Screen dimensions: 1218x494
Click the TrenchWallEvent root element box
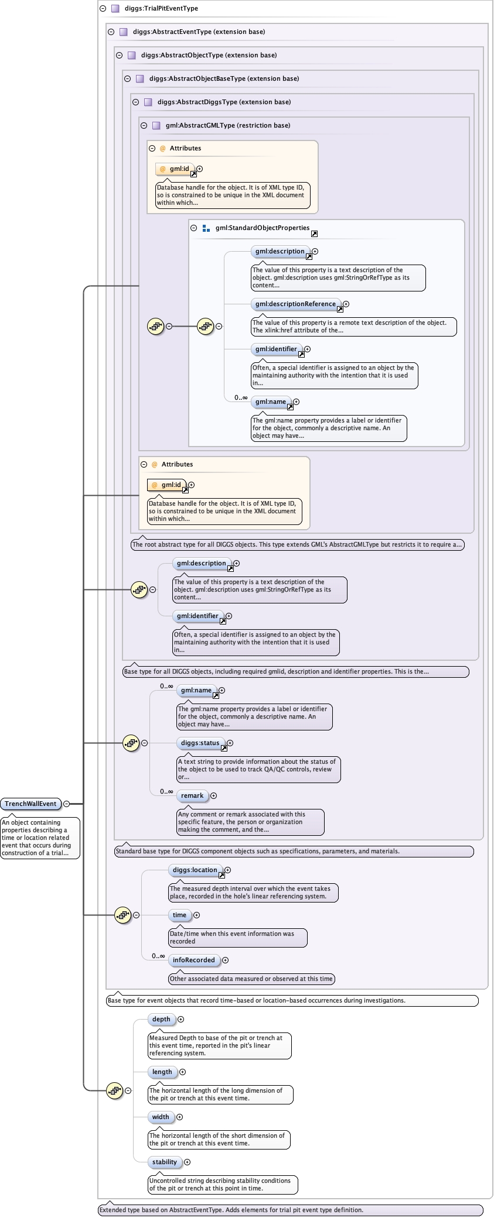30,804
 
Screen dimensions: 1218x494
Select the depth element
161,1019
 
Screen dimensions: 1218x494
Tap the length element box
162,1072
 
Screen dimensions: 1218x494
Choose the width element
161,1117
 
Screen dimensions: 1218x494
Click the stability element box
165,1162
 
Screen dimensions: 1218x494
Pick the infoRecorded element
193,960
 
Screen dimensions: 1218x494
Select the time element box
179,915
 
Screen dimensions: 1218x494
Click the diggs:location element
195,870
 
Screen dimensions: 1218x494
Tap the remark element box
192,795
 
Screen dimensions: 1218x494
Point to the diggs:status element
200,743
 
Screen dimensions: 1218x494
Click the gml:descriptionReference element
296,304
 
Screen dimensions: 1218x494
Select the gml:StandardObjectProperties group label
262,228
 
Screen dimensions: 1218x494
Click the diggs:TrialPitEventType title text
161,8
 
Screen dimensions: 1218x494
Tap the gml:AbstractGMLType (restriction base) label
227,125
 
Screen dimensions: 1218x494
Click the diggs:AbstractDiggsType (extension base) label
224,102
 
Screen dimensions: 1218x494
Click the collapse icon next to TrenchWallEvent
67,804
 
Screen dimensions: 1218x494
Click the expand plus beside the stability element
188,1162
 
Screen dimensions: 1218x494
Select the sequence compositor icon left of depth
114,1090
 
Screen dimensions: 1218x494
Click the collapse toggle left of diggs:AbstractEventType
111,32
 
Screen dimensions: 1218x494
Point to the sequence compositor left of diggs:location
122,915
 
